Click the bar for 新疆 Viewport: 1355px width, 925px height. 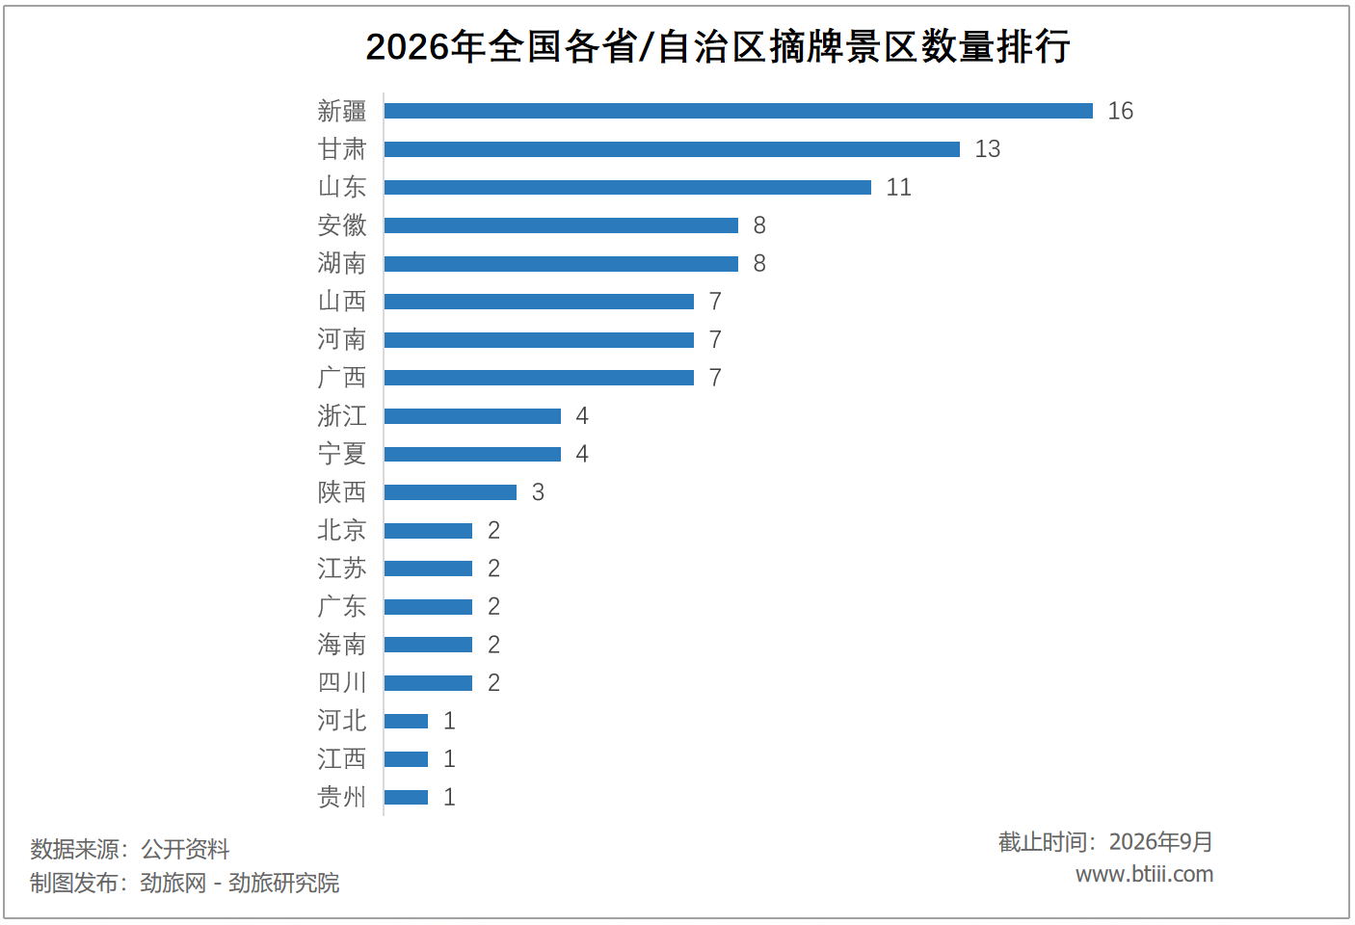(x=738, y=111)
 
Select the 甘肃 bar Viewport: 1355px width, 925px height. (x=672, y=148)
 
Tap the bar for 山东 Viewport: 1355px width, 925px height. (x=628, y=187)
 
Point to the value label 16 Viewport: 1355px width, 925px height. (x=1120, y=111)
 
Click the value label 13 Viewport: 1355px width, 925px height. (x=987, y=148)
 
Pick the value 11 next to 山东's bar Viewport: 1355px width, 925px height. (x=898, y=187)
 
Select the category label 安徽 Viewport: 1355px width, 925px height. (x=342, y=225)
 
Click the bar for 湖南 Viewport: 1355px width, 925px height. (x=561, y=263)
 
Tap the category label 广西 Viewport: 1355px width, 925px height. (x=342, y=378)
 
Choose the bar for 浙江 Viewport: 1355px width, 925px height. (x=472, y=415)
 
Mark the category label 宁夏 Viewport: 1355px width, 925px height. (x=342, y=454)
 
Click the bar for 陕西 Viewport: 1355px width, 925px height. (x=451, y=491)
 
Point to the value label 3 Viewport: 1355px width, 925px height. (x=538, y=491)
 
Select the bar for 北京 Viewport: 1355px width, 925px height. (x=428, y=530)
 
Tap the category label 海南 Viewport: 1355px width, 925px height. (x=342, y=645)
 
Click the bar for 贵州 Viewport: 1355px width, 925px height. (x=406, y=797)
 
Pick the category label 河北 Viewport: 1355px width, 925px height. (x=342, y=721)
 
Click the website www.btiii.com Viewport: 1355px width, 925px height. (x=1144, y=874)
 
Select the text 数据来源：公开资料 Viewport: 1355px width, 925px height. (x=130, y=849)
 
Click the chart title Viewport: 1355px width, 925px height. (x=717, y=46)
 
